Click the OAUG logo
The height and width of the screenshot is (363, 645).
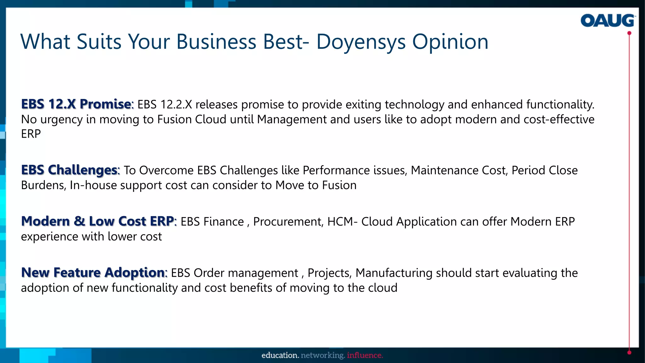coord(608,20)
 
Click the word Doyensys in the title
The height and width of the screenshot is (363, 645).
coord(361,42)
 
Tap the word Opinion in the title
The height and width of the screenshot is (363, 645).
coord(450,42)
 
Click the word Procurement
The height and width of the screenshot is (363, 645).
coord(288,222)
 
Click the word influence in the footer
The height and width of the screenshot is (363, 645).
coord(365,355)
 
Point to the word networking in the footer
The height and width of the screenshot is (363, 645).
coord(323,355)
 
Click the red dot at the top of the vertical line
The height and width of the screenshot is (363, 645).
coord(629,33)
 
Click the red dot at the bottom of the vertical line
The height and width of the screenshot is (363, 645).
coord(629,353)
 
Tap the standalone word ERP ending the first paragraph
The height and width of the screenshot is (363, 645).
coord(31,134)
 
